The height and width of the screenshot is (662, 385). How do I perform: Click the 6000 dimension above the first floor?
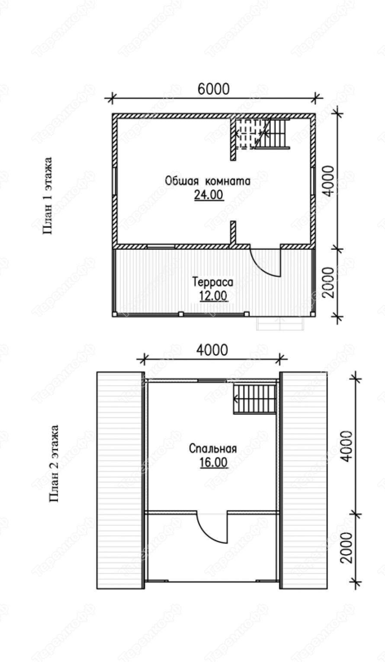pos(213,89)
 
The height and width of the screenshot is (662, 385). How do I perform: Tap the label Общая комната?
pos(208,181)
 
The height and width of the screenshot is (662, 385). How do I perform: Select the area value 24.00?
pos(209,195)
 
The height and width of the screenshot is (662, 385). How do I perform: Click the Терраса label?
pos(213,282)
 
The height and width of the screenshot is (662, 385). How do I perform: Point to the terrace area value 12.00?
pos(213,296)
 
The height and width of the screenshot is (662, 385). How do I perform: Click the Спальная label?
pos(213,448)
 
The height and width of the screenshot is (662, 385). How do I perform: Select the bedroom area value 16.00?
pos(213,462)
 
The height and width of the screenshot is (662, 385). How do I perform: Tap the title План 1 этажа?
pos(48,196)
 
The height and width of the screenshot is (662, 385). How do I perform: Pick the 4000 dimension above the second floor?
pos(212,351)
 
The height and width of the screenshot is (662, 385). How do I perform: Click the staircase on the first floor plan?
pos(263,134)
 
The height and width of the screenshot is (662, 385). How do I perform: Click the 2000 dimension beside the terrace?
pos(328,282)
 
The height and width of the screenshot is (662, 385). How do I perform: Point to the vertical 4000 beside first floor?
pos(328,180)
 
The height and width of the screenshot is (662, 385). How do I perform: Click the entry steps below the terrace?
pos(280,323)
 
